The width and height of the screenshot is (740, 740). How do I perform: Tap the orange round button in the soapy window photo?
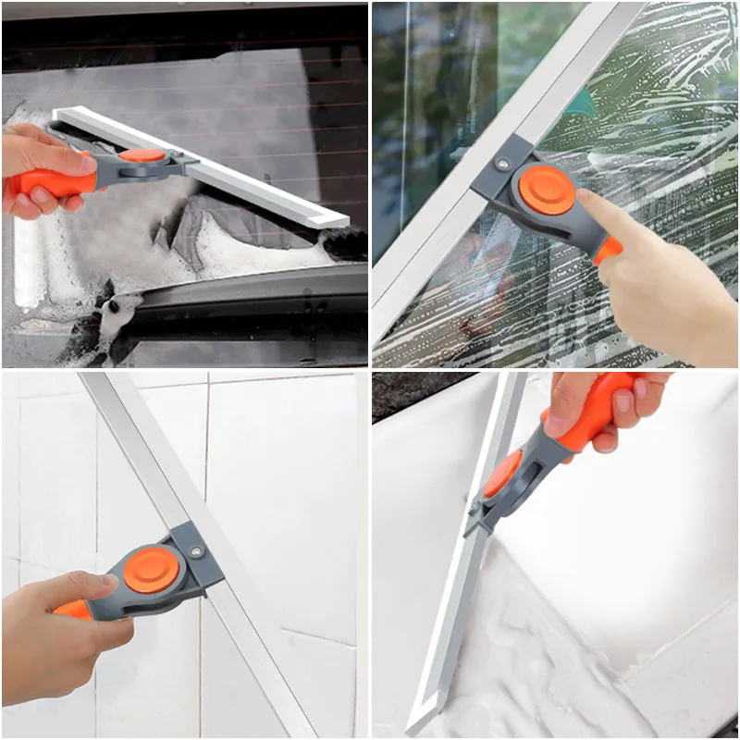546,191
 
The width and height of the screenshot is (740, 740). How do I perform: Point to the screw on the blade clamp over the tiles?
195,552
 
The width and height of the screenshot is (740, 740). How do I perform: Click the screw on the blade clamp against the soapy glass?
501,164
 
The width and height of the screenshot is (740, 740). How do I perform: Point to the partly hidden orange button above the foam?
502,472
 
